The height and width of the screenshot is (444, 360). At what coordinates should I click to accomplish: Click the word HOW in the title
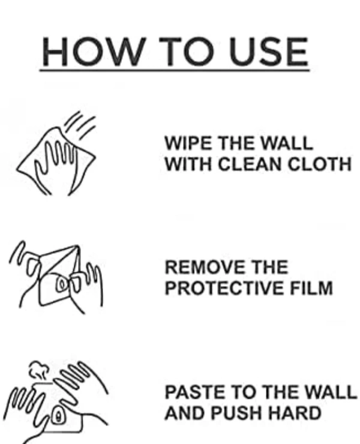pyautogui.click(x=92, y=52)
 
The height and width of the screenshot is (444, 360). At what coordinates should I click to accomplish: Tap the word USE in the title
pyautogui.click(x=269, y=52)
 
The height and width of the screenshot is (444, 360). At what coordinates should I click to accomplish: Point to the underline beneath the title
pyautogui.click(x=175, y=70)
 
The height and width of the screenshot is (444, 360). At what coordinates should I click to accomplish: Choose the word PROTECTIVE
pyautogui.click(x=224, y=288)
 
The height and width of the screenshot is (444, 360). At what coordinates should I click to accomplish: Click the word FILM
pyautogui.click(x=311, y=288)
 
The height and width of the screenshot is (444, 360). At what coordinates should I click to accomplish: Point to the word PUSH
pyautogui.click(x=236, y=413)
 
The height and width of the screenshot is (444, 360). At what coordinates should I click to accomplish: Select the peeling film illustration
pyautogui.click(x=56, y=277)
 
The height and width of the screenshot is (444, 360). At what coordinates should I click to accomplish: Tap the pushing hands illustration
pyautogui.click(x=56, y=402)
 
